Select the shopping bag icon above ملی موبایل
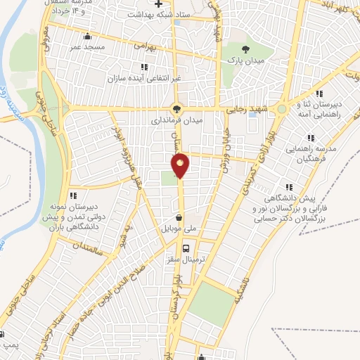pos(181,217)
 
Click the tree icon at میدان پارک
pos(245,49)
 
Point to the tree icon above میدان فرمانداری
pos(176,109)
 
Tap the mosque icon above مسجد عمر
pos(87,37)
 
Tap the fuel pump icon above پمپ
pos(6,333)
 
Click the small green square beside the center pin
pos(167,178)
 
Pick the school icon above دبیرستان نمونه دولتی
pos(72,196)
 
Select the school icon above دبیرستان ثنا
pos(319,94)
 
